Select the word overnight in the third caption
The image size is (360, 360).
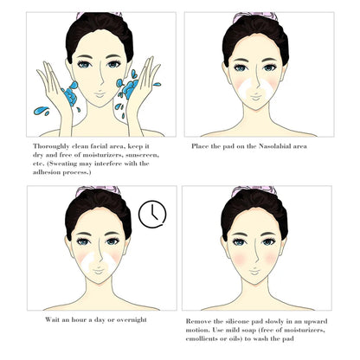pyautogui.click(x=130, y=320)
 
